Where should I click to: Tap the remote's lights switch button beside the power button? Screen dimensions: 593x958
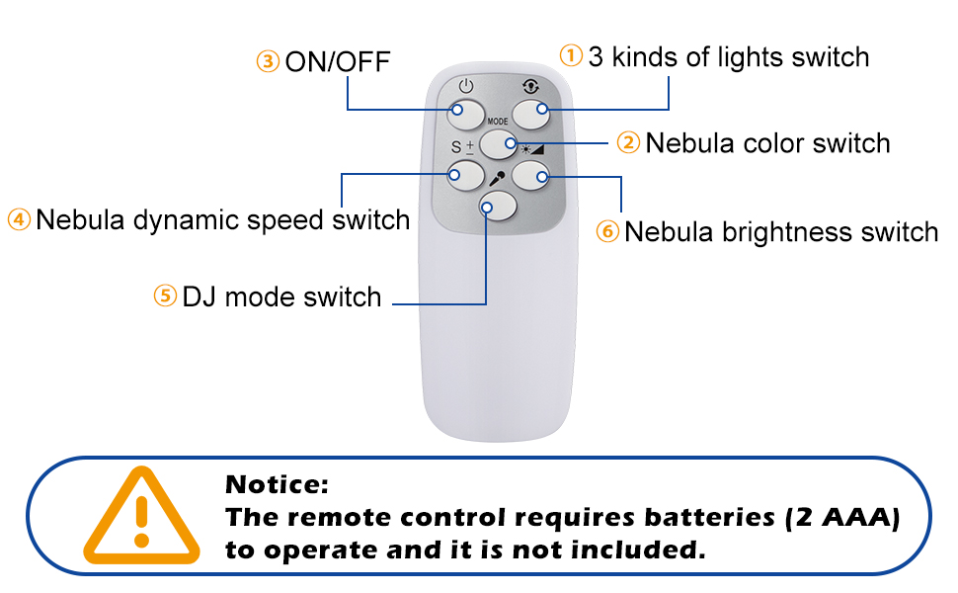point(530,112)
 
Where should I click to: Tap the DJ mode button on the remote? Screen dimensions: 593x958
point(498,206)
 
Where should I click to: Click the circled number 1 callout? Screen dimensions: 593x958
point(572,55)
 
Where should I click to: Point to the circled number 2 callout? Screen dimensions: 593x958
point(629,143)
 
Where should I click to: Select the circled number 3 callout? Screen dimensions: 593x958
point(268,62)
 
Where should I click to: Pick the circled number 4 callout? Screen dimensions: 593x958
point(19,219)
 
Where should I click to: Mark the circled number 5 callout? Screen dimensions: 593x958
point(165,296)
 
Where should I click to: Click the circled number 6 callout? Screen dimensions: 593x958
point(607,232)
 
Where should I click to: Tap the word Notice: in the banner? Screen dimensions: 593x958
point(276,485)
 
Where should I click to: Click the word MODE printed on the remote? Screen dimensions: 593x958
point(498,122)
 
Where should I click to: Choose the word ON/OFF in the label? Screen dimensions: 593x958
point(338,62)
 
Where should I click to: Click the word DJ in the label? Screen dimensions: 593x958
point(200,296)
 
